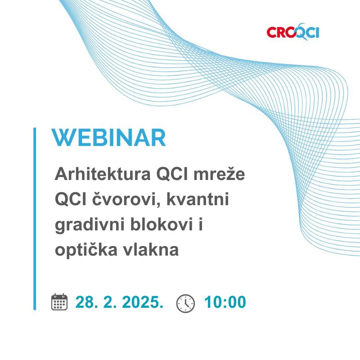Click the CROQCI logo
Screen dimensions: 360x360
[293, 31]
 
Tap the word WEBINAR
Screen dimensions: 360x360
[108, 137]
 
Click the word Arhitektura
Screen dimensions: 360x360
[103, 174]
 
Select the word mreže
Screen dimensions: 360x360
[219, 174]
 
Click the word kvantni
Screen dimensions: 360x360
[198, 199]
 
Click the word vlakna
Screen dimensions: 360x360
[151, 249]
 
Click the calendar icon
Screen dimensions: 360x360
[59, 302]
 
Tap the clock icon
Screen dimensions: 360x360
[185, 303]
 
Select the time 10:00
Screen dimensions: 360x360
[225, 302]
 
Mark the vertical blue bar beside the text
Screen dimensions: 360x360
[35, 219]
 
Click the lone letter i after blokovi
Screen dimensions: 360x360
[201, 224]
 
